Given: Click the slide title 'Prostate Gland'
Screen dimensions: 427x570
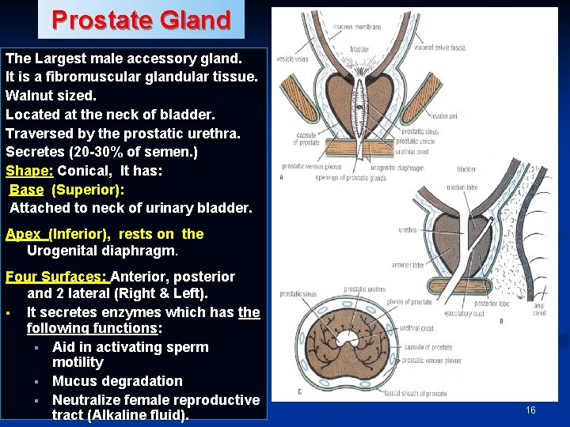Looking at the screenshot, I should (x=141, y=19).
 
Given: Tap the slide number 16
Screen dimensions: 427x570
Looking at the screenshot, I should (x=530, y=410).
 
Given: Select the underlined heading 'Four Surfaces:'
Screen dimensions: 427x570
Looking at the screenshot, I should (x=57, y=277).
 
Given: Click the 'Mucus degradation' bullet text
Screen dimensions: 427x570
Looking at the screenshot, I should (x=117, y=381).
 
